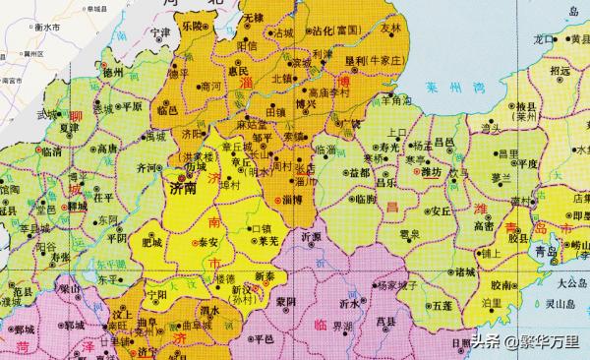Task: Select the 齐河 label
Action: pos(146,168)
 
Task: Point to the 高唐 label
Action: pos(108,148)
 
